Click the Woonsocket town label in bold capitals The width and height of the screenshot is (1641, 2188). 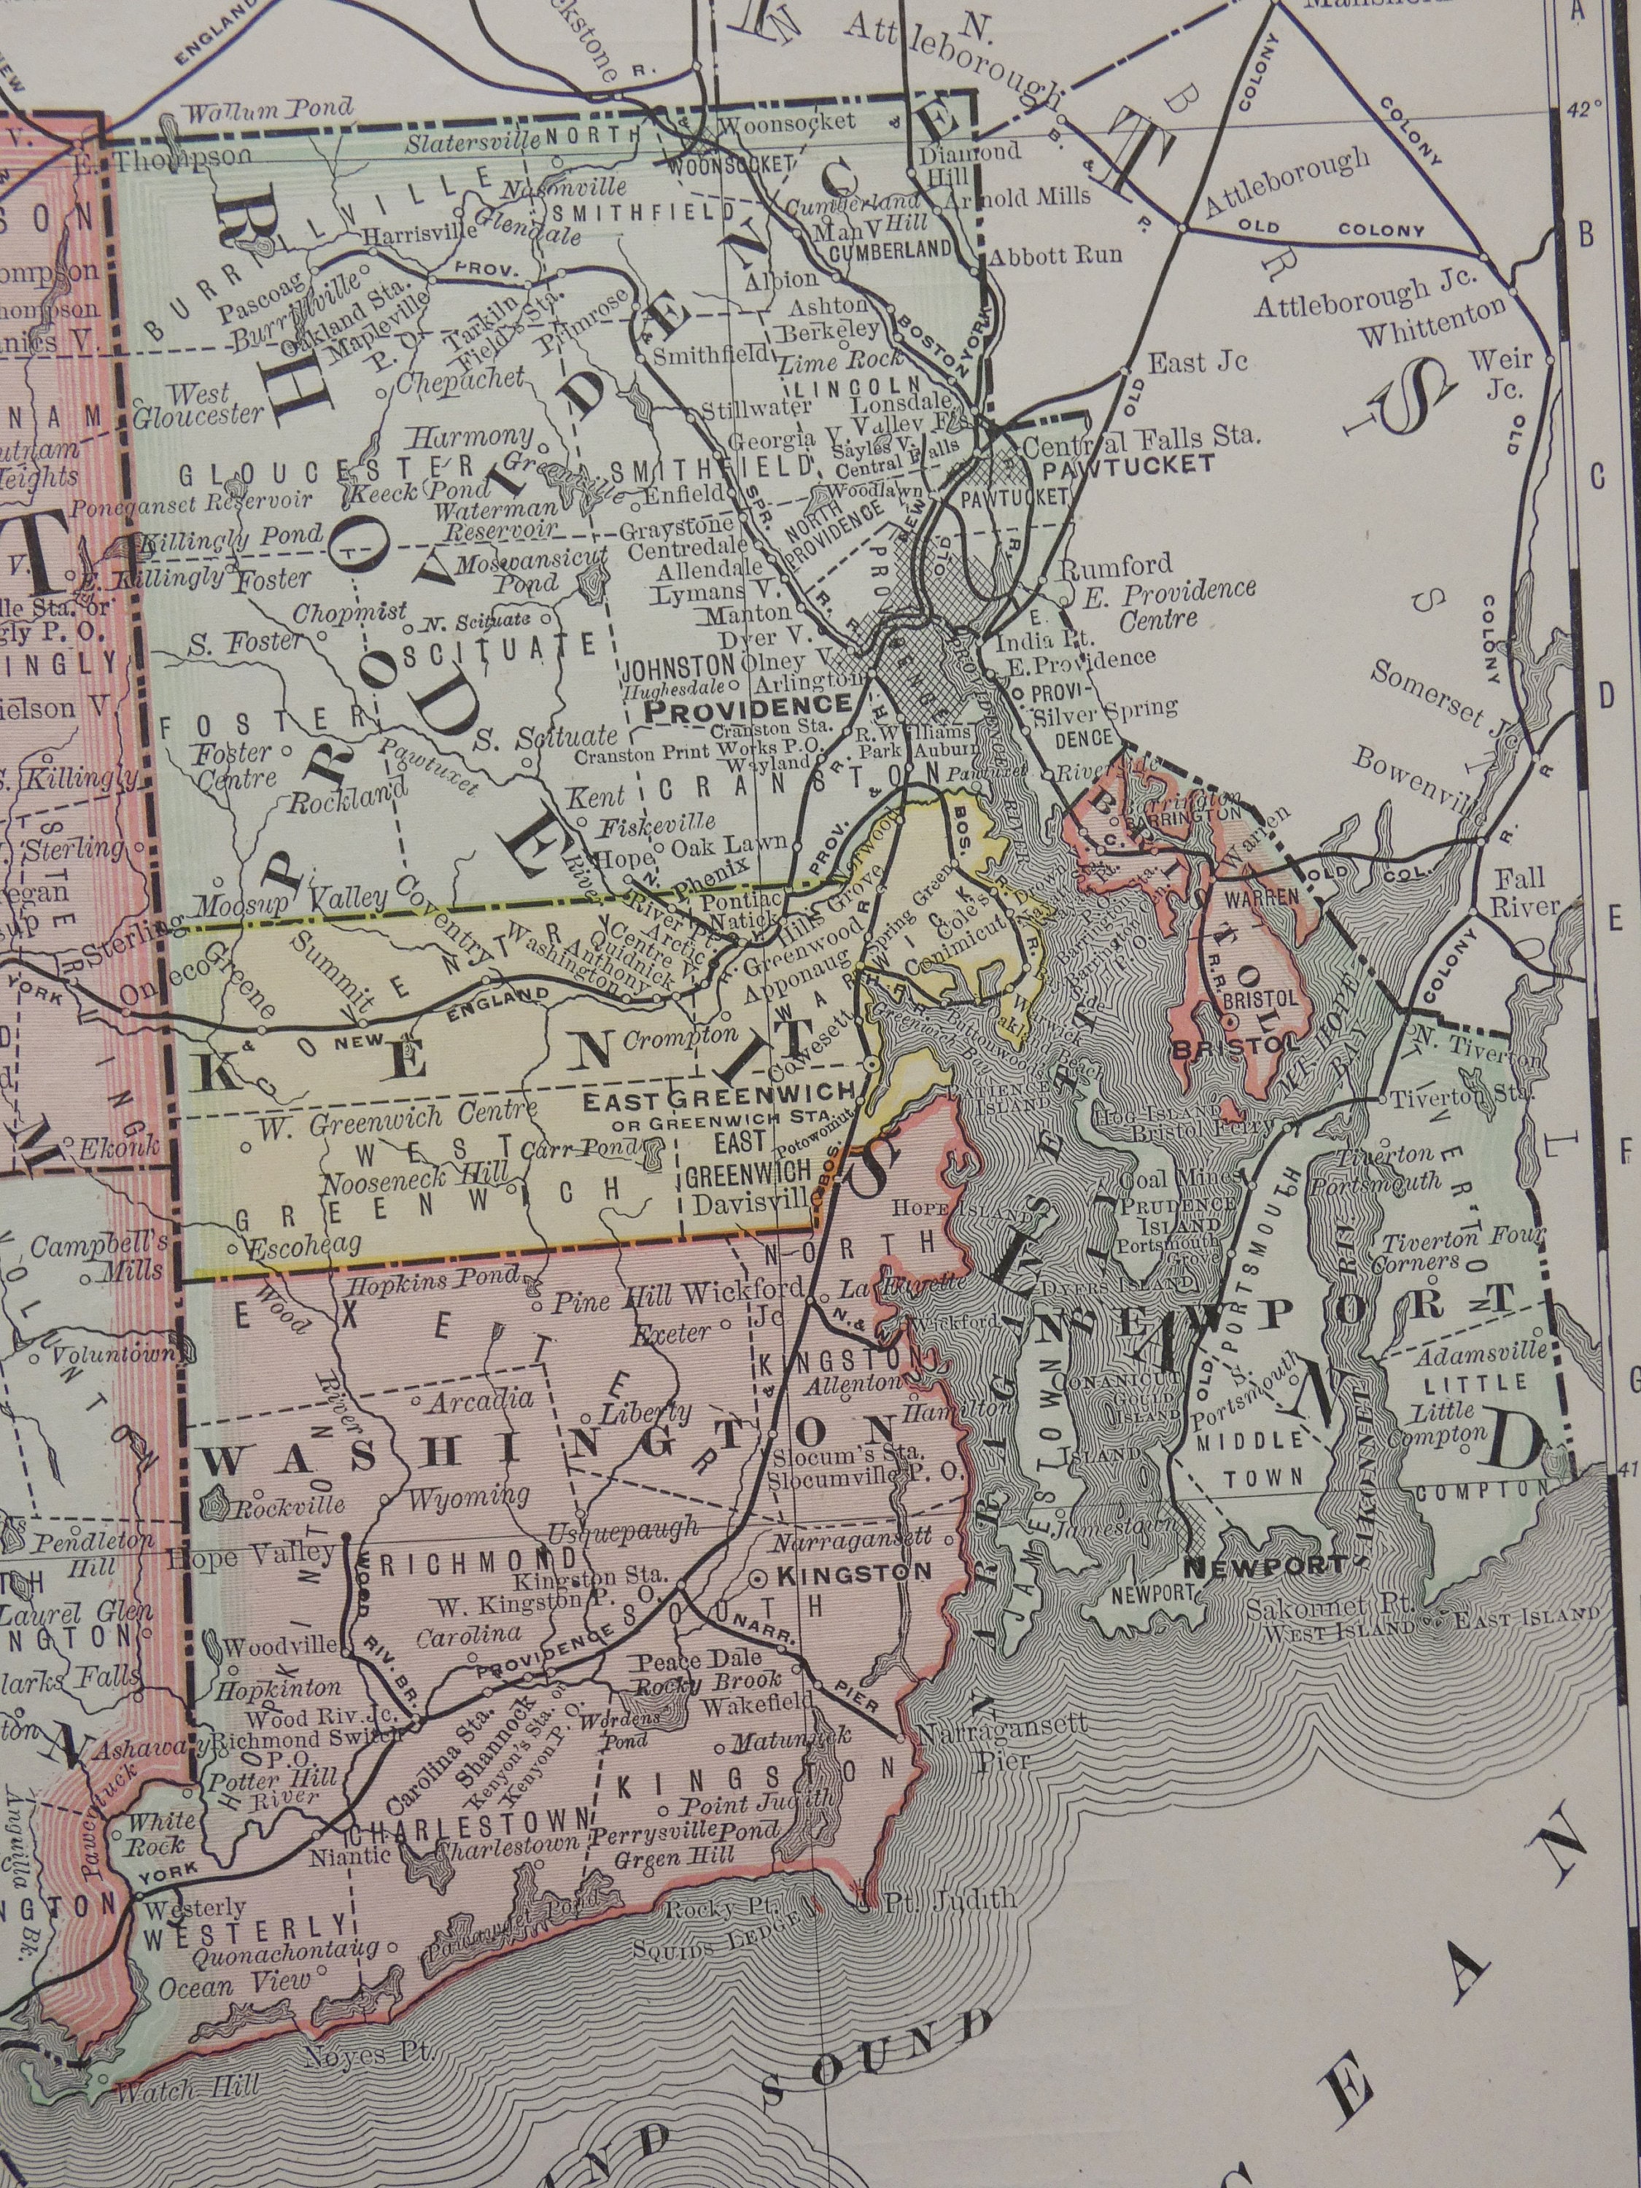tap(731, 164)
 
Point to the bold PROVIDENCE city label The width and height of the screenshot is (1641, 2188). tap(747, 705)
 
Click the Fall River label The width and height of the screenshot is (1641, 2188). tap(1525, 891)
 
